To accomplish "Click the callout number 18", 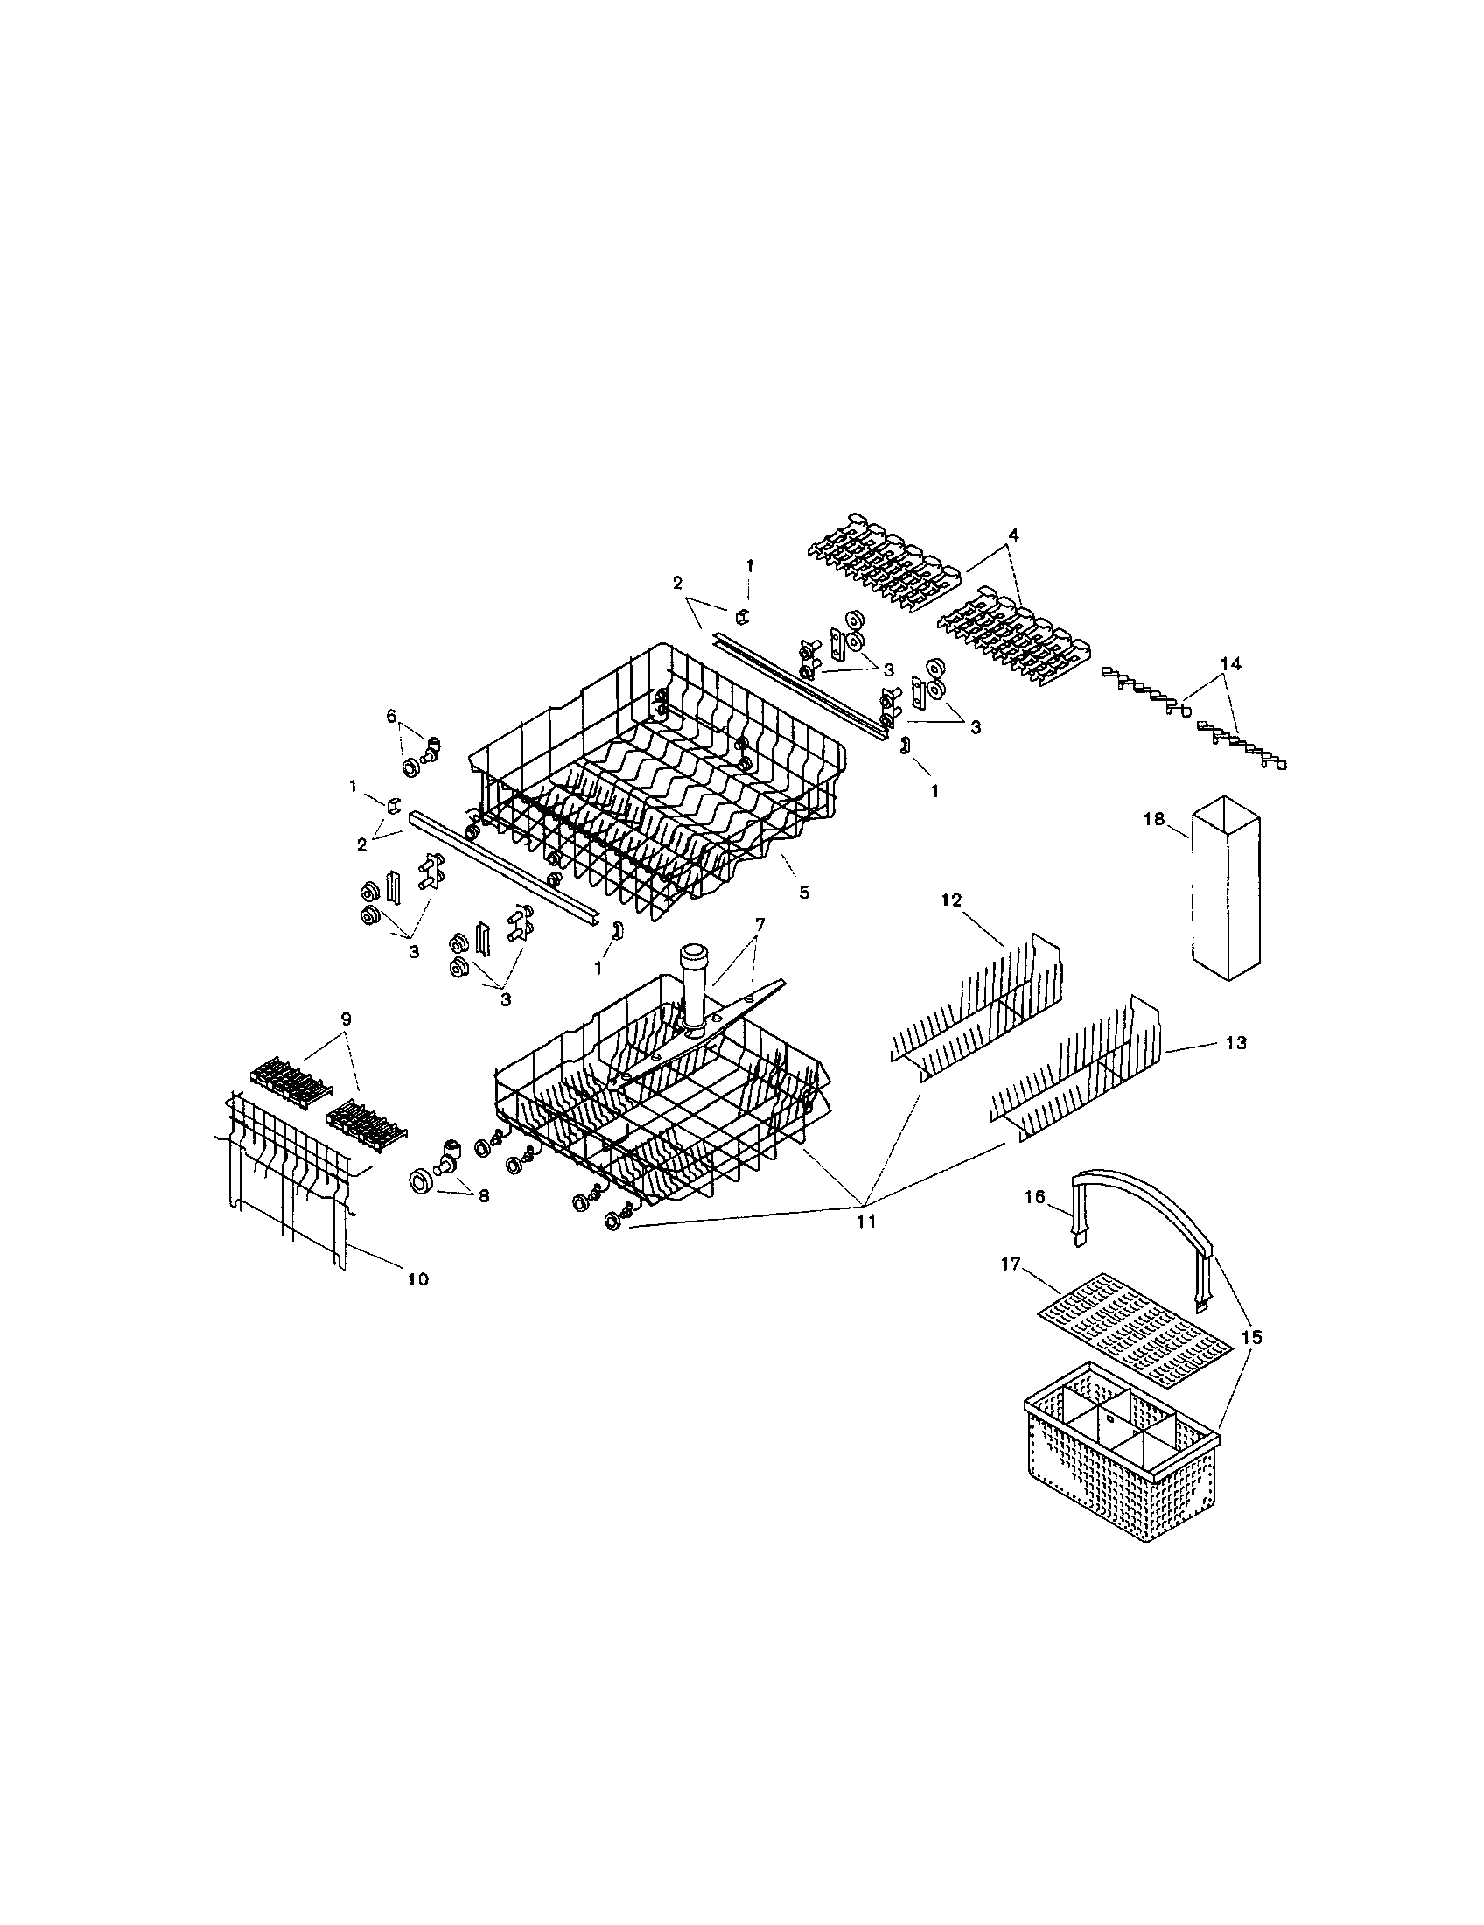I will click(1153, 819).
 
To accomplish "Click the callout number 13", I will click(1235, 1043).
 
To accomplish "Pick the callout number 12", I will click(951, 899).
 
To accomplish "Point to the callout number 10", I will click(417, 1278).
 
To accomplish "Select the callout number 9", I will click(346, 1018).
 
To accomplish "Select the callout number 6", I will click(391, 717).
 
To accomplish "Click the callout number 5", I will click(803, 892).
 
